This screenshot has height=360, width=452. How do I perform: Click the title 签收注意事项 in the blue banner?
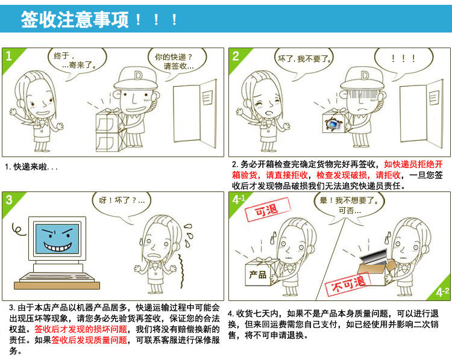click(75, 19)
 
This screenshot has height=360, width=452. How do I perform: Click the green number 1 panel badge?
click(10, 57)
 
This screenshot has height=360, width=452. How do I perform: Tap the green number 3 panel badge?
click(10, 201)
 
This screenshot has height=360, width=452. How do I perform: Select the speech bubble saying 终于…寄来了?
click(77, 61)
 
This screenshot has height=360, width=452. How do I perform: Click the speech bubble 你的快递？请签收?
click(177, 62)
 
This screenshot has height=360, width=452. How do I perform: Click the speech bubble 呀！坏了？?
click(122, 203)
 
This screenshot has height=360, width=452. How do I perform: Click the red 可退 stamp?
click(267, 209)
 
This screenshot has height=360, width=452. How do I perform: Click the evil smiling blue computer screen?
click(57, 239)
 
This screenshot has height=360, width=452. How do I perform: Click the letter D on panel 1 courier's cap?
click(138, 75)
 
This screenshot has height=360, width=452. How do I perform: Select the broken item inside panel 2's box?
click(334, 124)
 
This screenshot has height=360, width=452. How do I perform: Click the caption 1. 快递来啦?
click(31, 167)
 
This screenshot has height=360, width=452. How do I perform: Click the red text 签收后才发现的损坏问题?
click(81, 329)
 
